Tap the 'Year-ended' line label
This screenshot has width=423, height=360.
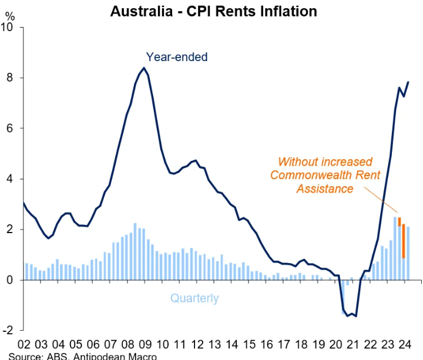click(177, 57)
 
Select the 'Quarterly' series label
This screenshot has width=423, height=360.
click(194, 298)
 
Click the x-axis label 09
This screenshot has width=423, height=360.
click(145, 344)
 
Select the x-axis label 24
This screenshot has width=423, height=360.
click(405, 344)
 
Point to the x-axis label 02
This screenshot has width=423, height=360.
click(24, 344)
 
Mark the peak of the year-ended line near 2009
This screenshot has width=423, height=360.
click(144, 68)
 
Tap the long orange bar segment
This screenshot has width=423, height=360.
click(404, 241)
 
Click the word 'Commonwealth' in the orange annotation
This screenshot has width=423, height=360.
click(325, 175)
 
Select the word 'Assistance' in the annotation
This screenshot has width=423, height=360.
click(325, 189)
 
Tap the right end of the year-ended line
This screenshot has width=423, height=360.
click(408, 82)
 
